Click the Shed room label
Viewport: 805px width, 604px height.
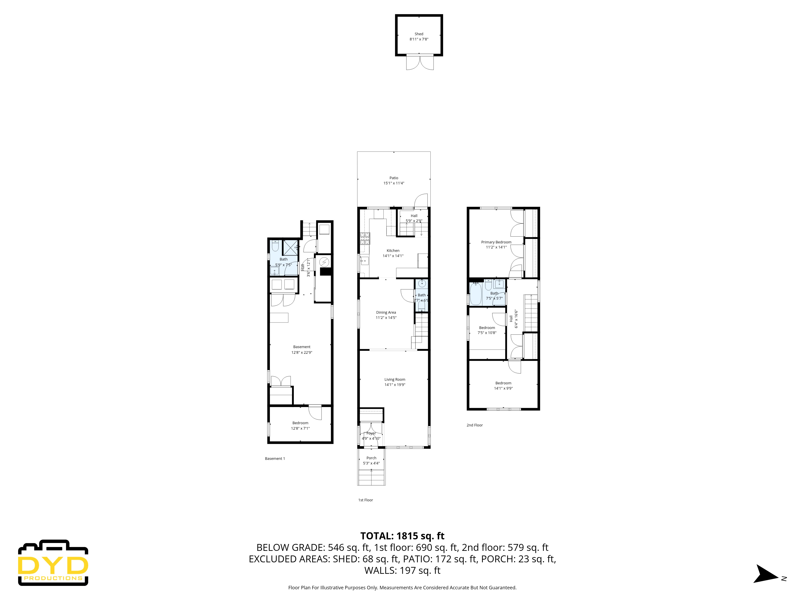click(419, 34)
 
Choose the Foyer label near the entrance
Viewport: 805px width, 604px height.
click(371, 433)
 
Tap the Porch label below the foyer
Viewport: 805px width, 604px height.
click(371, 458)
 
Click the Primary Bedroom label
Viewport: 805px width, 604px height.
click(496, 242)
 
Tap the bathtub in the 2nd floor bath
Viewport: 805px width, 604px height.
click(475, 294)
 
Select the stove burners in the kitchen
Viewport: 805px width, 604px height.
click(365, 238)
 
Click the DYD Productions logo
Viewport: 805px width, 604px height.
click(53, 563)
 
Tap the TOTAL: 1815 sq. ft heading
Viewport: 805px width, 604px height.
click(402, 536)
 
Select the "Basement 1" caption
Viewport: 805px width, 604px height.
click(275, 458)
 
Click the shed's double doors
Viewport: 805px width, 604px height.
click(420, 62)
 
